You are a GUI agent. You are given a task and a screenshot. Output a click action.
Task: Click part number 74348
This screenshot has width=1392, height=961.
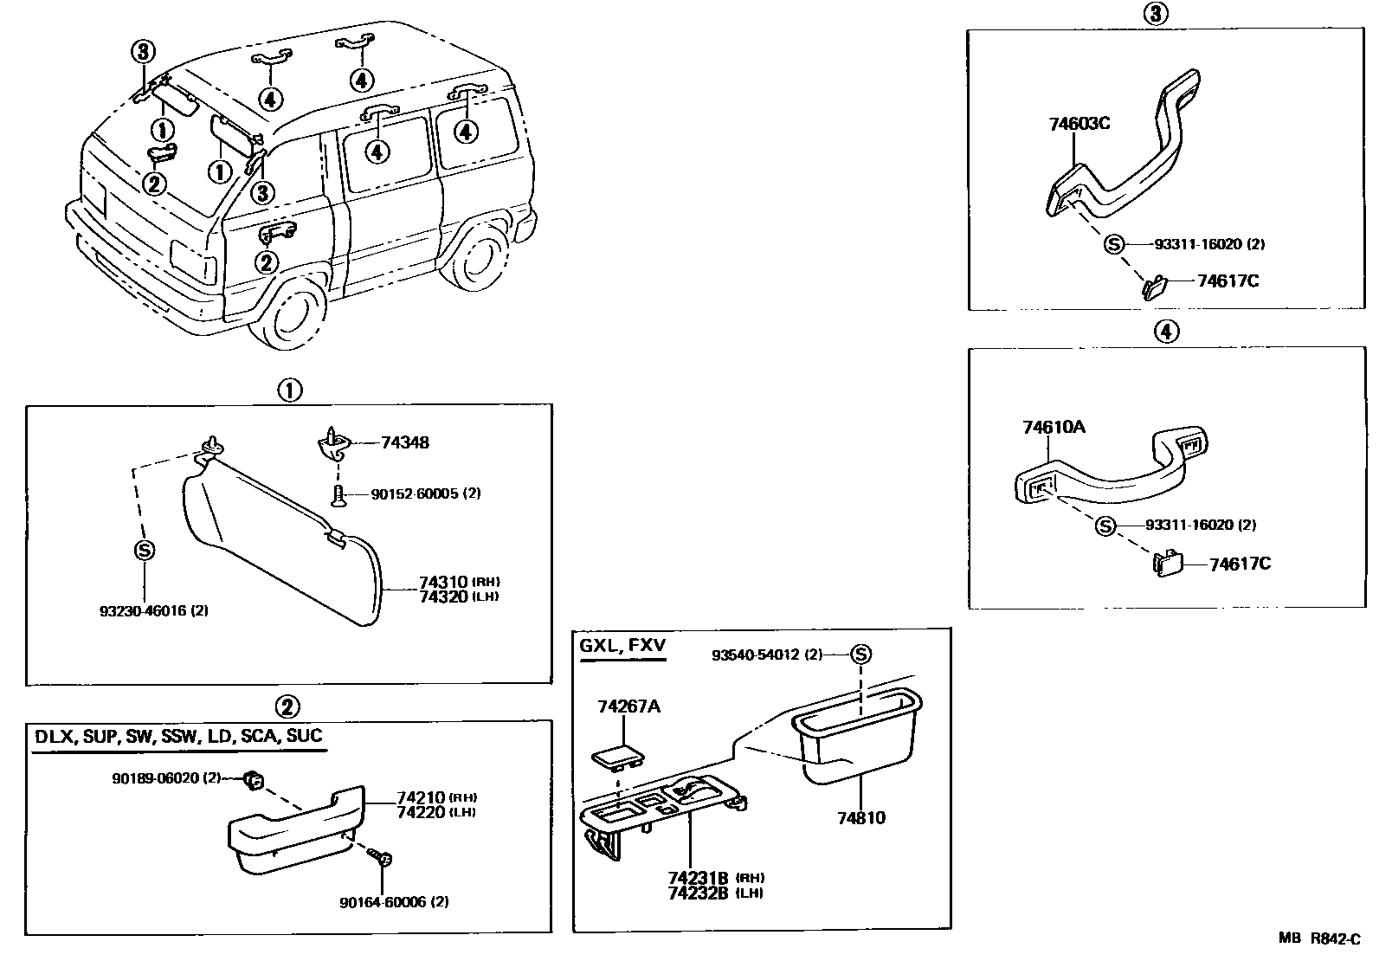pos(404,443)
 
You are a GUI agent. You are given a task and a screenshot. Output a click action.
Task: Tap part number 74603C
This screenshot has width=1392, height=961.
pos(1079,124)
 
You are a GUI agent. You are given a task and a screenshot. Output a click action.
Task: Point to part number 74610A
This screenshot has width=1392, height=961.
pos(1054,427)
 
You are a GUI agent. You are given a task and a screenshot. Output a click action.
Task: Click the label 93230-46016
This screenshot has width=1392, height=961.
pos(152,610)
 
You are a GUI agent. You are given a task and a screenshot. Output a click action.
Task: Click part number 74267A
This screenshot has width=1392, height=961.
pos(628,706)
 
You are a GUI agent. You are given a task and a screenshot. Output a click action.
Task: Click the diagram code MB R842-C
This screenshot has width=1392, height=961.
pos(1321,938)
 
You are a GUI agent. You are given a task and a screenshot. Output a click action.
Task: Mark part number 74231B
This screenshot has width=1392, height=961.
pos(697,877)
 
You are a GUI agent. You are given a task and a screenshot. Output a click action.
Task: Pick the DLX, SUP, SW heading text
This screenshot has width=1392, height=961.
pos(178,737)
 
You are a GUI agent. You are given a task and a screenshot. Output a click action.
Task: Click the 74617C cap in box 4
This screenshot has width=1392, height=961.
pos(1167,564)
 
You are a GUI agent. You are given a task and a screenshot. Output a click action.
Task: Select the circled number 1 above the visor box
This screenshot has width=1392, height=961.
pos(289,390)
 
